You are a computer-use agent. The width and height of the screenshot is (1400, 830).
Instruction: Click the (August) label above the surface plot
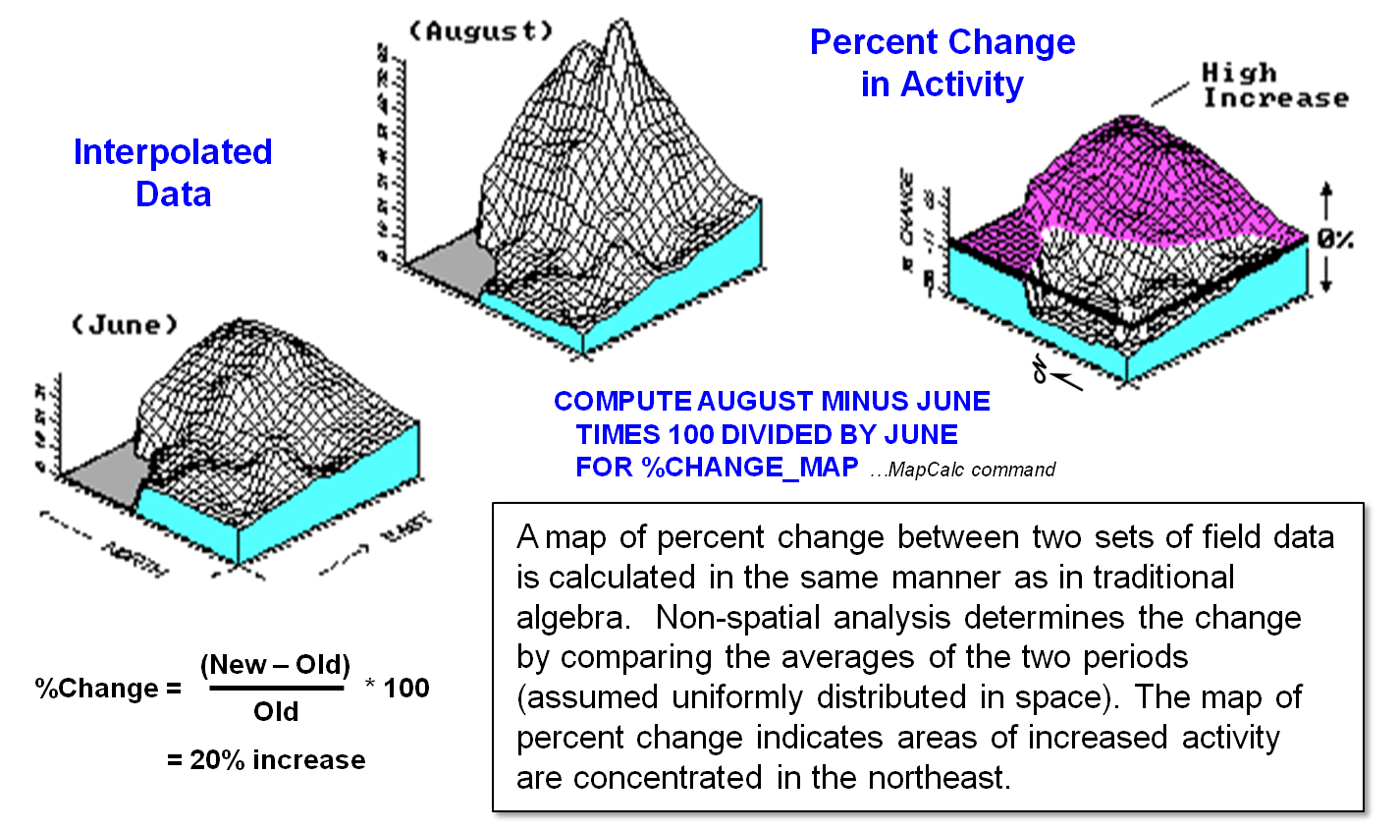tap(481, 31)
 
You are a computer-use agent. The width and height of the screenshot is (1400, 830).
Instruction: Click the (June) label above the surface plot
tap(125, 324)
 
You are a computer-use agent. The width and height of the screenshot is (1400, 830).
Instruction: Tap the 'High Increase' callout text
tap(1274, 85)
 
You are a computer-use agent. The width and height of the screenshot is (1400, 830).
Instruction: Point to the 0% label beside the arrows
tap(1335, 239)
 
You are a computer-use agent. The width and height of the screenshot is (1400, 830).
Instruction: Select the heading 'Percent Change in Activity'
tap(942, 63)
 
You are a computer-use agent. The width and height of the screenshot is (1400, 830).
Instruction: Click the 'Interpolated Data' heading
tap(173, 173)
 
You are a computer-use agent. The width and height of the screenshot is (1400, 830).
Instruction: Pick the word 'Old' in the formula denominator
tap(276, 711)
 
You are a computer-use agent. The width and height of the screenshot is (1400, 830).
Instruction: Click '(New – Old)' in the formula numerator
tap(275, 665)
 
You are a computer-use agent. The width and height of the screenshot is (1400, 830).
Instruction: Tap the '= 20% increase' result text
tap(266, 759)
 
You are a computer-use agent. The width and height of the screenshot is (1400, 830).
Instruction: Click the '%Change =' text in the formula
tap(108, 688)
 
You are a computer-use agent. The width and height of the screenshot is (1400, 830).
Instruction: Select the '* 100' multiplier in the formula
tap(398, 688)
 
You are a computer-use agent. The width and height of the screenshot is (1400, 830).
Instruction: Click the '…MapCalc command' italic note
tap(962, 470)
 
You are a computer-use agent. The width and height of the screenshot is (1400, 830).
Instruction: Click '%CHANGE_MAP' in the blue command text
tap(750, 467)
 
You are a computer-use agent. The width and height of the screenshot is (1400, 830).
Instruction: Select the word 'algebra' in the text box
tap(569, 617)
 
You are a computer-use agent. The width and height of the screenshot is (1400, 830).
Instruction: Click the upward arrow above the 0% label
tap(1326, 201)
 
